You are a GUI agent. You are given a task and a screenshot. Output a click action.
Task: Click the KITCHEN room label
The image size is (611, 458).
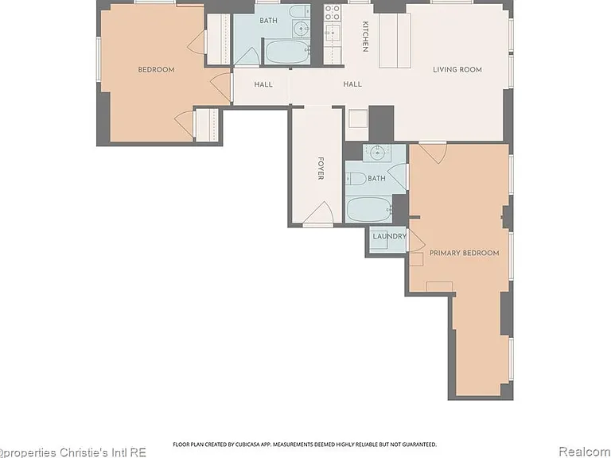(x=365, y=37)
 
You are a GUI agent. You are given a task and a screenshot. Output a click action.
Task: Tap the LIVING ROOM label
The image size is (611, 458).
(x=457, y=70)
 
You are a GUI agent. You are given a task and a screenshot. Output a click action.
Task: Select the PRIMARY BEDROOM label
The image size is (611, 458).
(x=464, y=253)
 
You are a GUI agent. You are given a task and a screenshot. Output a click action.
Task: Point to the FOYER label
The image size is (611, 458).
(x=321, y=169)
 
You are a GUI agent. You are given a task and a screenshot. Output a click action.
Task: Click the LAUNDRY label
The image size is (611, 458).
(x=389, y=236)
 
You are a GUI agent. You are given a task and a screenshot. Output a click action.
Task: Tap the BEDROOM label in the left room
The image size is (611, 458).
(x=156, y=70)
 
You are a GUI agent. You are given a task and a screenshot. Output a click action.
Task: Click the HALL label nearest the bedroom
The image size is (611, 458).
(x=263, y=84)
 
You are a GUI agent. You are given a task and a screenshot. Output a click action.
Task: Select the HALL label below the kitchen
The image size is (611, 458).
(x=352, y=84)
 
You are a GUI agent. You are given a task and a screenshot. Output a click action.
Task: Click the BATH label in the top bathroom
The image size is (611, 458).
(x=268, y=21)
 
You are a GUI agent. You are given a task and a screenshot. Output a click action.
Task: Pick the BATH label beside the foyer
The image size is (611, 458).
(x=376, y=178)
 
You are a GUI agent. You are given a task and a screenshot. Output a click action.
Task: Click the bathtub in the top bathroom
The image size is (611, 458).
(x=287, y=52)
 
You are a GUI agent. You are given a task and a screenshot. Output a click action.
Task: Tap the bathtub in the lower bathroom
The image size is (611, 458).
(x=368, y=210)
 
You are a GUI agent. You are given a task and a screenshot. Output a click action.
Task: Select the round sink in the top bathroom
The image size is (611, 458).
(x=302, y=28)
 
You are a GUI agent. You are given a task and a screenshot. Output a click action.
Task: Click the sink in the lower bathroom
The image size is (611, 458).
(x=378, y=153)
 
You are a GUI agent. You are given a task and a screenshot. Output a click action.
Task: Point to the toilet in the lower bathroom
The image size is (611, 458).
(x=356, y=179)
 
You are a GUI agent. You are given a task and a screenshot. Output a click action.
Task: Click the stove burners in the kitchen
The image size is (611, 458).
(x=333, y=12)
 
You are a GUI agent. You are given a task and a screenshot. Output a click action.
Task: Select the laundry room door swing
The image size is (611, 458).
(x=415, y=240)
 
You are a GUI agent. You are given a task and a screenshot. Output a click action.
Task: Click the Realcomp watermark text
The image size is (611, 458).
(x=585, y=452)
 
